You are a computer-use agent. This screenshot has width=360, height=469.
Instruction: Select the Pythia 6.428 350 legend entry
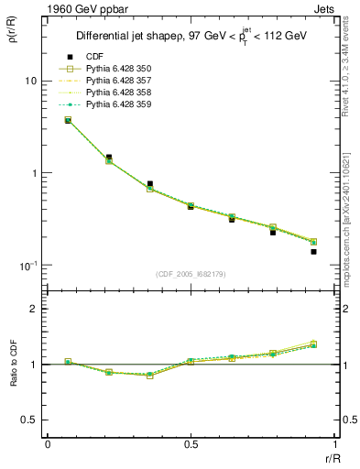(x=118, y=69)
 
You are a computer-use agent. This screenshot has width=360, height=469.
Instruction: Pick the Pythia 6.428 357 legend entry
(x=118, y=81)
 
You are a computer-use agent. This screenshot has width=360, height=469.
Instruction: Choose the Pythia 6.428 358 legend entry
(x=118, y=93)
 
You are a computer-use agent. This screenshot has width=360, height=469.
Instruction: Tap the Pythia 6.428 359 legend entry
(x=118, y=104)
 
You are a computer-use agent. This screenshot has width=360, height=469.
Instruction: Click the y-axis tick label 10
(x=29, y=82)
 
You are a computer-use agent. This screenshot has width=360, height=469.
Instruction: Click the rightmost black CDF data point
(x=313, y=251)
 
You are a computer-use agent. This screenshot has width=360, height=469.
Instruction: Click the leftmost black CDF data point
(x=68, y=120)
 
